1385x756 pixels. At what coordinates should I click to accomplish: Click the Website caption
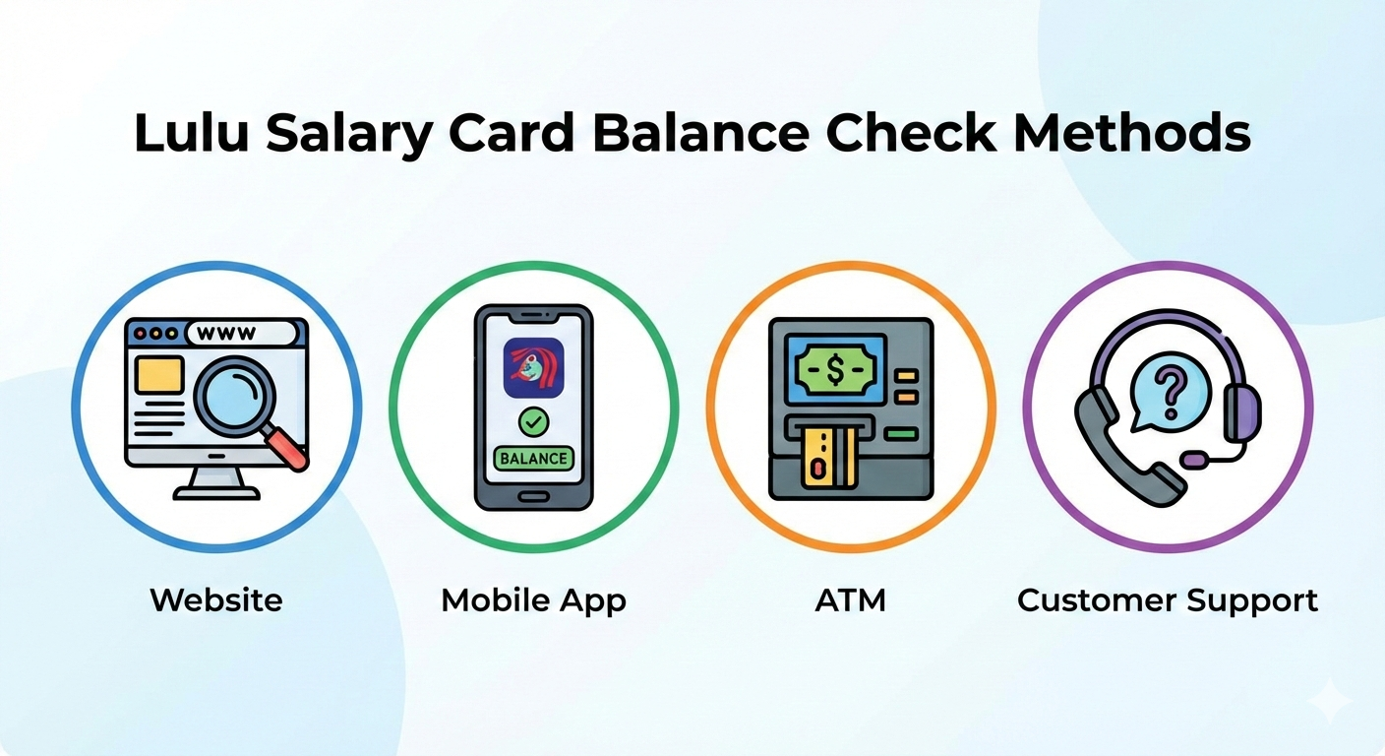(215, 599)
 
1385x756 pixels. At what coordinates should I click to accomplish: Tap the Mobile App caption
(533, 599)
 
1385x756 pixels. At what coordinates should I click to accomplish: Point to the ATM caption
(850, 599)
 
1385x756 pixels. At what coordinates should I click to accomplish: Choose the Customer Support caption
(1168, 599)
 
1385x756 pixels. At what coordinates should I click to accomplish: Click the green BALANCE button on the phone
(533, 458)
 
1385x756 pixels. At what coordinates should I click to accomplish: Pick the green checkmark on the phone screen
(533, 422)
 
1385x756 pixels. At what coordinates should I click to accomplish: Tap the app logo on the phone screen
(533, 367)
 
